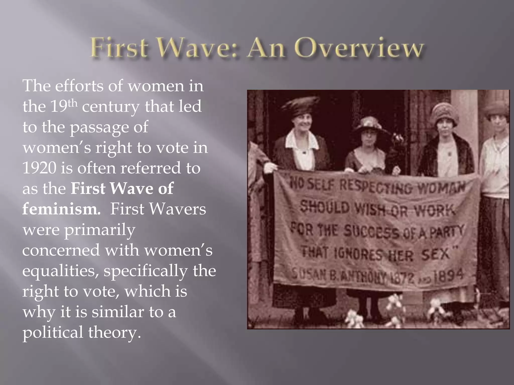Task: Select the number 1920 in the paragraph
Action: click(39, 168)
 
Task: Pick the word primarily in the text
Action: click(100, 230)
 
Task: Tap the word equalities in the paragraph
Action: click(60, 271)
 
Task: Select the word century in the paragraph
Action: click(111, 107)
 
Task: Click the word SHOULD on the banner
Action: click(325, 207)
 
